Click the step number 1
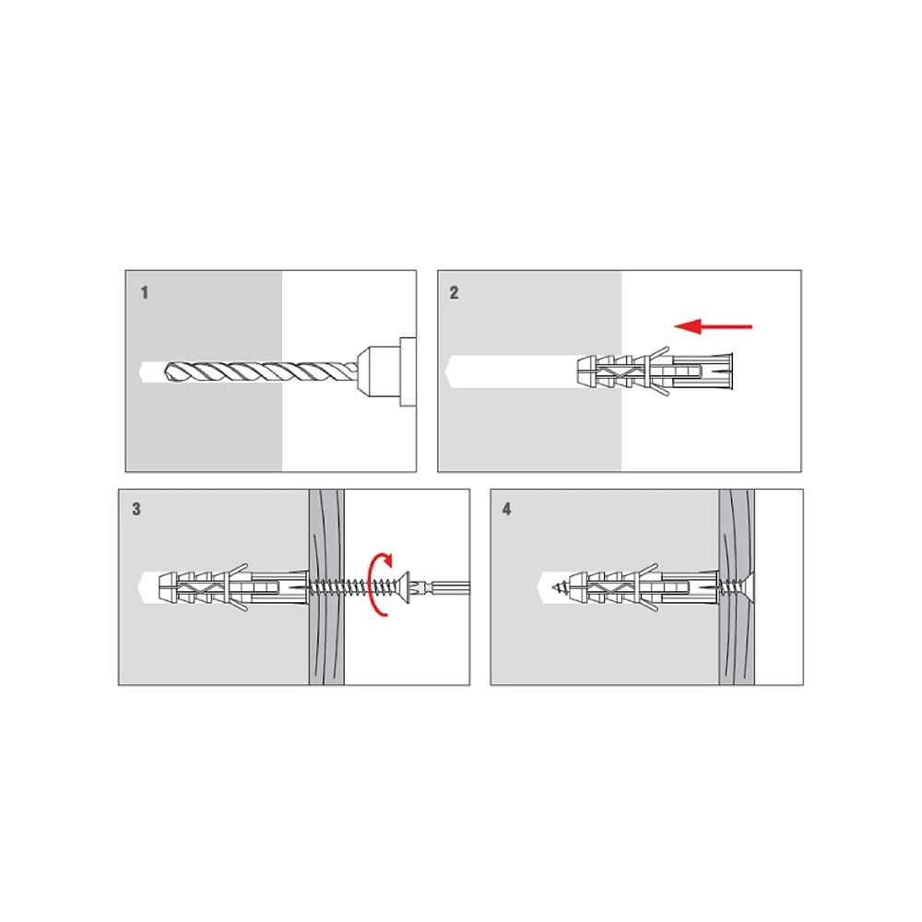coord(145,292)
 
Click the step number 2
coord(454,293)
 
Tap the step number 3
coord(136,509)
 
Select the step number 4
coord(507,509)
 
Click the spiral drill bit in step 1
coord(261,372)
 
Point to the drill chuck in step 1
coord(386,372)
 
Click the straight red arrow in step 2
coord(713,325)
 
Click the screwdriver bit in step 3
coord(442,586)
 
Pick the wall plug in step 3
coord(233,586)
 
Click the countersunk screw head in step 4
coord(748,586)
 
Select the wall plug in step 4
coord(648,586)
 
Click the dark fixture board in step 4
coord(737,586)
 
